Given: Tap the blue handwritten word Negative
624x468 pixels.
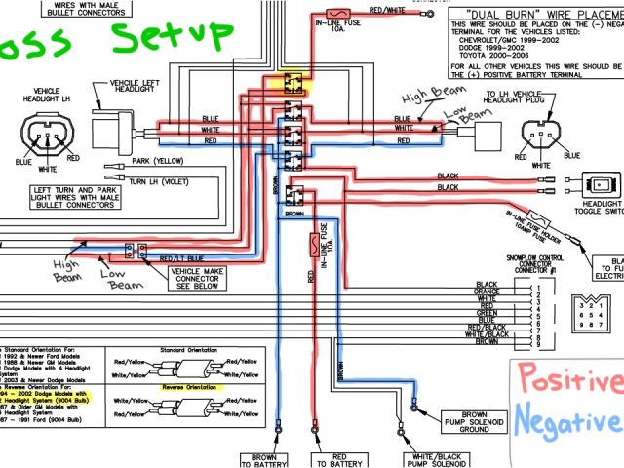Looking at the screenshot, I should (x=569, y=422).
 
